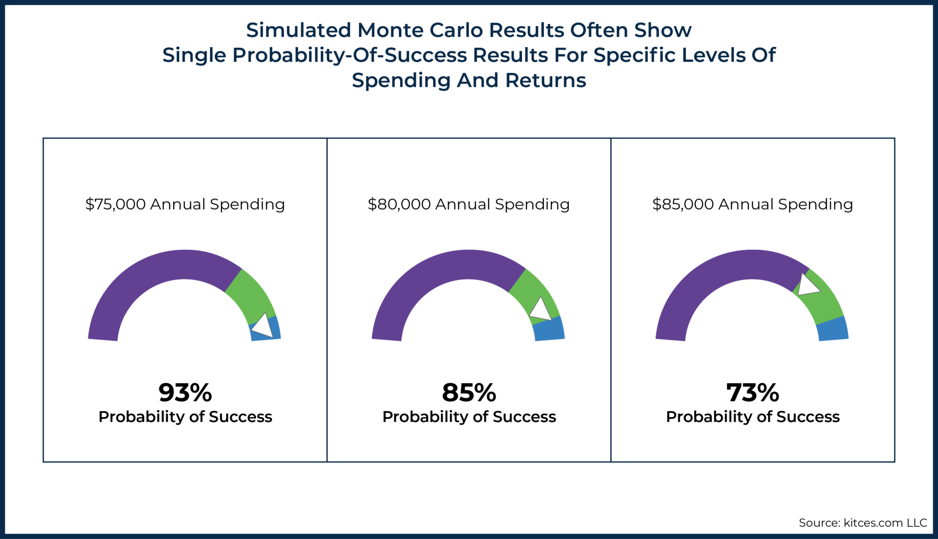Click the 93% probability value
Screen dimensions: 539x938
click(185, 393)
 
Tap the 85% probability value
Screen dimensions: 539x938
click(469, 393)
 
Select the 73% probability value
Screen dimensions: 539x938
click(753, 393)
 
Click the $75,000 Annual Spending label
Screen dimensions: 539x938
click(185, 204)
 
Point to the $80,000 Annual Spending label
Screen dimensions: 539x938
click(469, 204)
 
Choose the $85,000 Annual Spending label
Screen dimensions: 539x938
click(753, 204)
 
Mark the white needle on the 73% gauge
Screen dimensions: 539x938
click(807, 286)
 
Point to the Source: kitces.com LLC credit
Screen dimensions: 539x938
click(862, 523)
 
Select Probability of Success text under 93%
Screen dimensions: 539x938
click(185, 417)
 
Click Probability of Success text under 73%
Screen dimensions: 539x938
click(753, 417)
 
